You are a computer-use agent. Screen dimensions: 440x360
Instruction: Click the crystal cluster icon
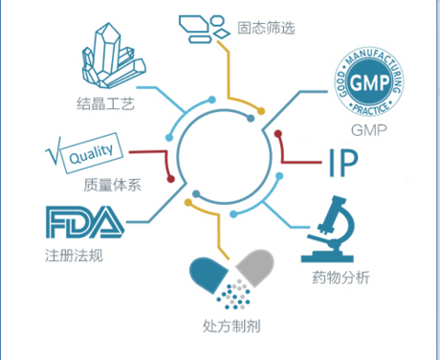click(x=114, y=56)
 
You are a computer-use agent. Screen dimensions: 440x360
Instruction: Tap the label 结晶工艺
click(x=105, y=103)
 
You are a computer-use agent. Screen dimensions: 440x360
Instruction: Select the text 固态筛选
click(x=266, y=28)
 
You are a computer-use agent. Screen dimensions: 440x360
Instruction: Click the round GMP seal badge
click(x=369, y=81)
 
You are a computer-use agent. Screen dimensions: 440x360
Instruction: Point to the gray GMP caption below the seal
click(x=369, y=130)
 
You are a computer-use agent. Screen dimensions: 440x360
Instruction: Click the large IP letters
click(x=343, y=163)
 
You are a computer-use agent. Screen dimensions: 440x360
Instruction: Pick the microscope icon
click(x=328, y=229)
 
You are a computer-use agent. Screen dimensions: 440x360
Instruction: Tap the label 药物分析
click(x=341, y=278)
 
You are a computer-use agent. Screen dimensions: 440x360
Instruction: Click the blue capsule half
click(x=209, y=275)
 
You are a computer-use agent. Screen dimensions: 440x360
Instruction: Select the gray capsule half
click(x=255, y=267)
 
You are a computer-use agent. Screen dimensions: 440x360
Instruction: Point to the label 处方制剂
click(x=231, y=326)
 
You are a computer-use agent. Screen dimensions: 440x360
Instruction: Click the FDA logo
click(x=85, y=222)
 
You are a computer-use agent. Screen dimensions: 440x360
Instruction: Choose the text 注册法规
click(x=74, y=256)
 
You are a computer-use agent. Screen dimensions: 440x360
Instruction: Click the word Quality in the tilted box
click(x=91, y=153)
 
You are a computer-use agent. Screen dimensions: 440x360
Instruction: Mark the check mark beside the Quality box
click(x=53, y=151)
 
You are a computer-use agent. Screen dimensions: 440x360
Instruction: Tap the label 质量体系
click(x=112, y=185)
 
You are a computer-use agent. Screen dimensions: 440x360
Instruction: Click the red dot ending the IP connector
click(x=278, y=133)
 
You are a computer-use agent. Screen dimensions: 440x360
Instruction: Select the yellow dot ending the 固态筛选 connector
click(x=261, y=111)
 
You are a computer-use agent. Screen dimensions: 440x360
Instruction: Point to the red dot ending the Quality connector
click(x=170, y=179)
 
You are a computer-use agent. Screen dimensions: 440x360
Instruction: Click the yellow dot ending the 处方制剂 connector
click(x=188, y=202)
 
